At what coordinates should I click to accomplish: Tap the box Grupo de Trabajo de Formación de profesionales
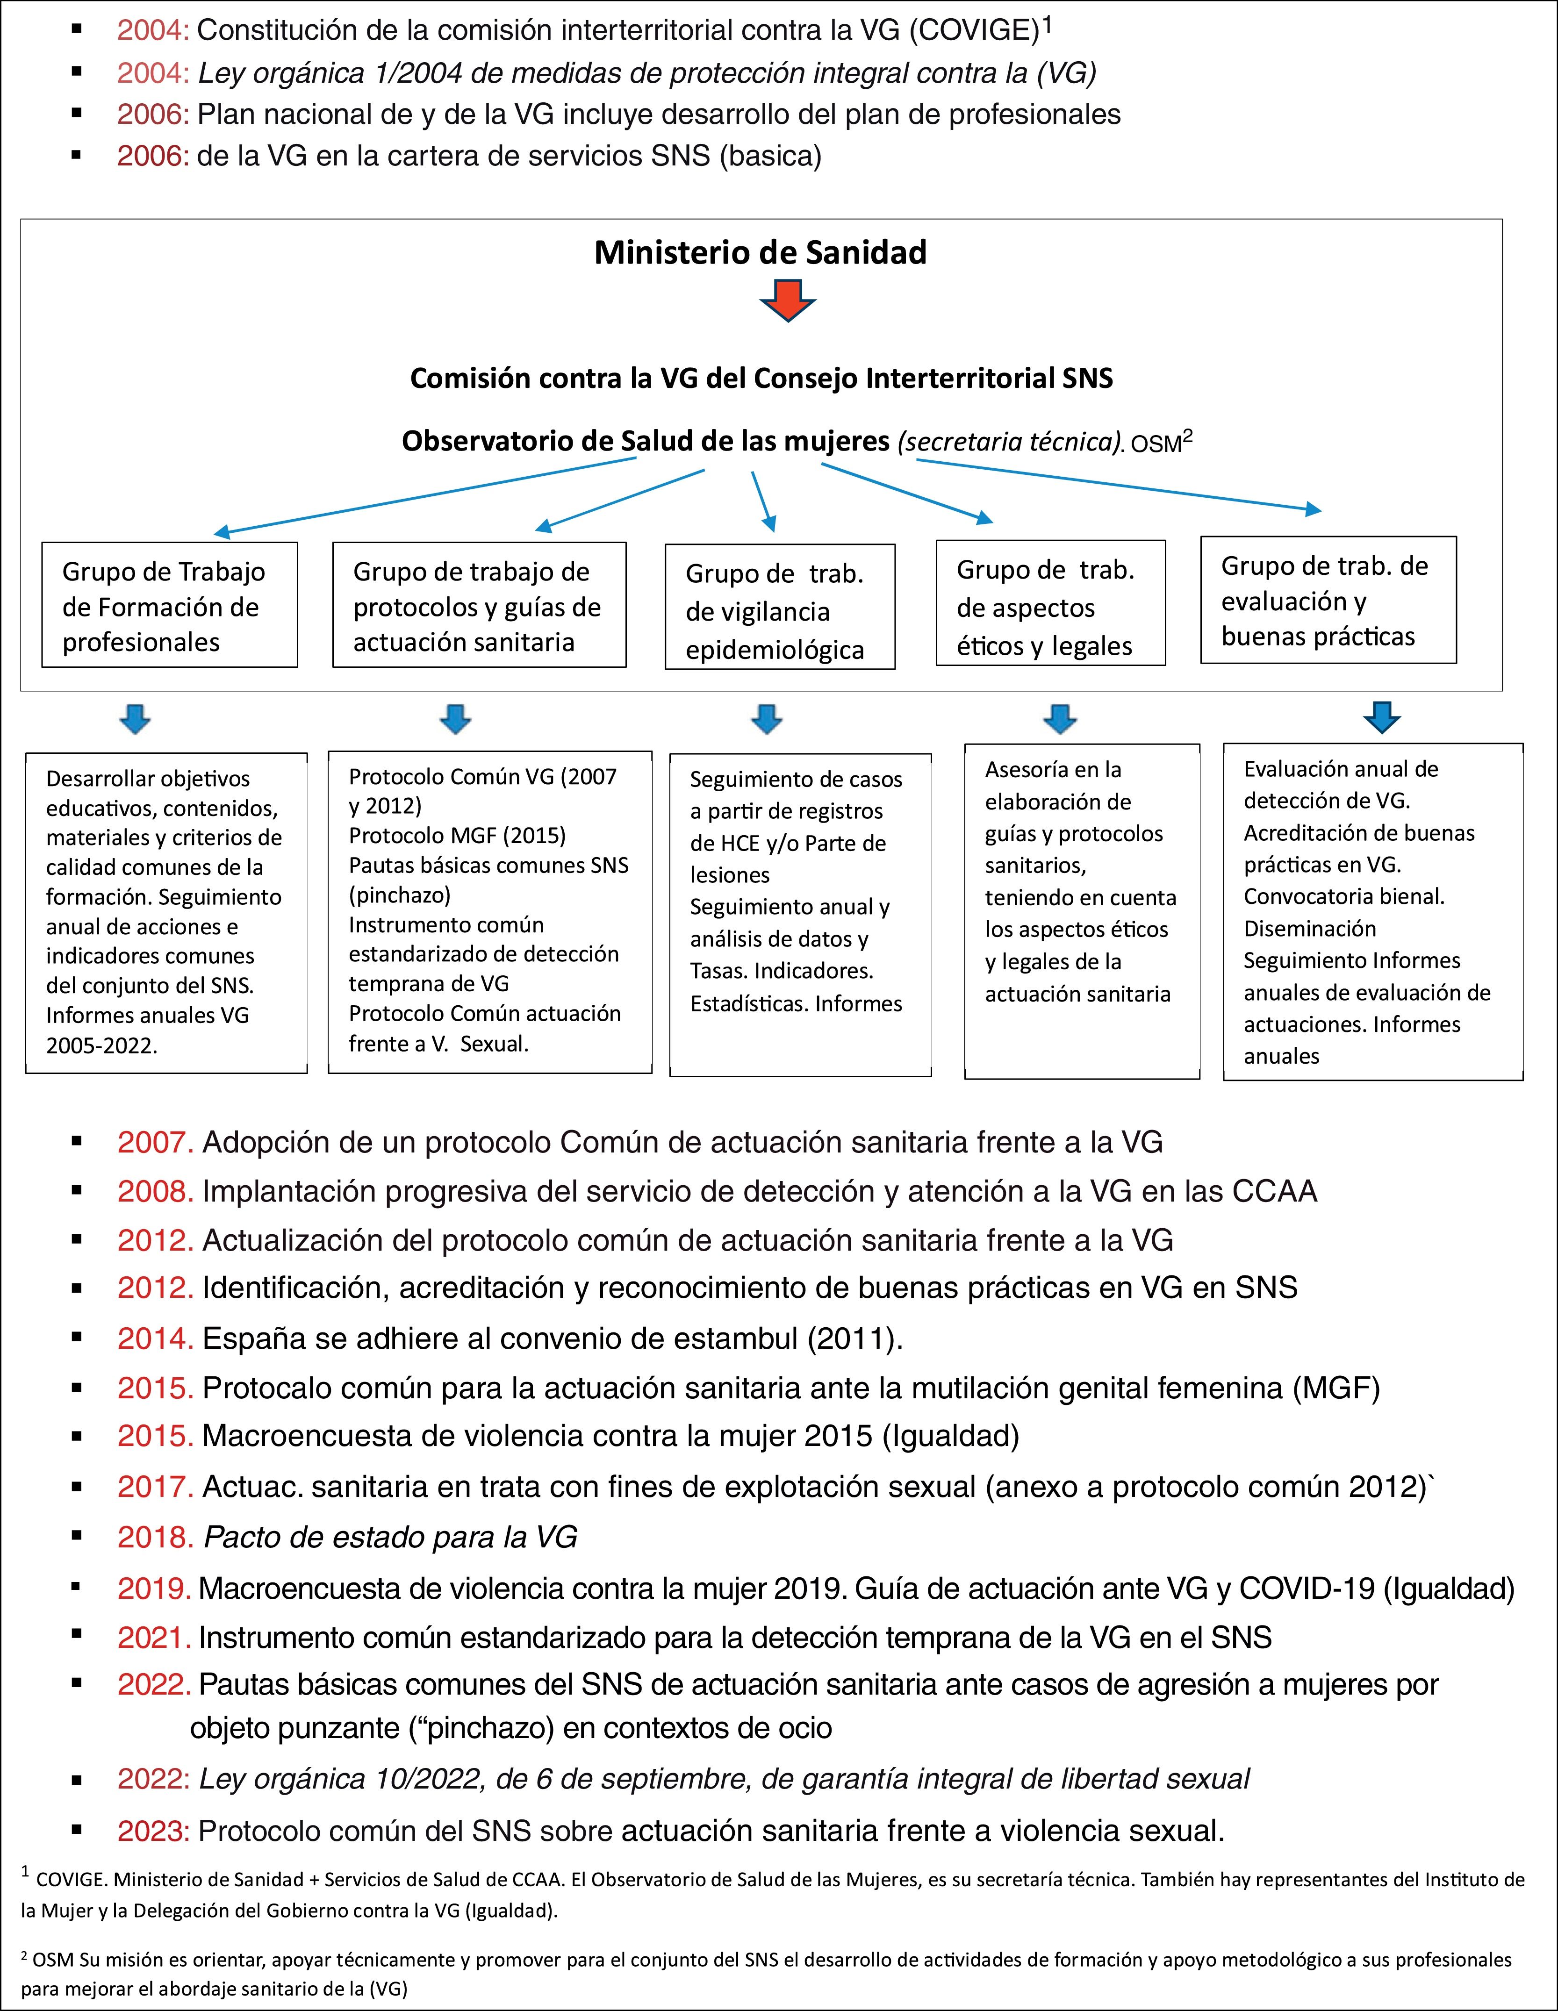[x=169, y=605]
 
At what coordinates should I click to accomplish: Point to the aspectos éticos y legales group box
[x=1050, y=604]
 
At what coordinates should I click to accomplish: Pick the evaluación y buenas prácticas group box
[x=1328, y=601]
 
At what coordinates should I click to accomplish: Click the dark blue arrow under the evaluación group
[x=1381, y=716]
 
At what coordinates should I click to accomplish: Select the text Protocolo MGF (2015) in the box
[x=457, y=835]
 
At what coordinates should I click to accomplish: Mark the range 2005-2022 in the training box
[x=101, y=1045]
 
